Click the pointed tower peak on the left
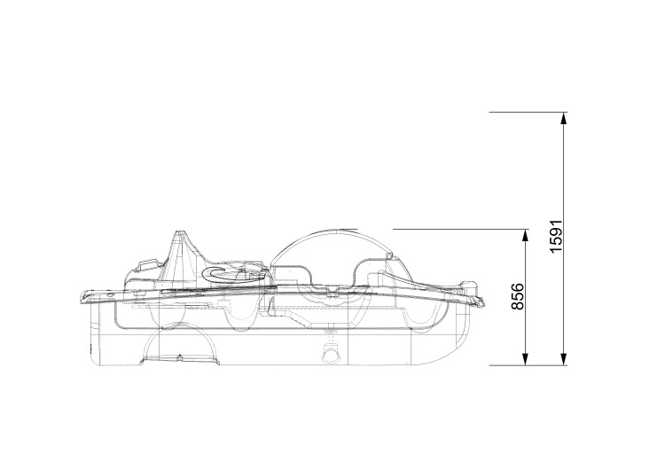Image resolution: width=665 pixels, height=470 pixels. tap(181, 233)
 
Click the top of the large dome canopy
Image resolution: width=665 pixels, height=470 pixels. tap(328, 228)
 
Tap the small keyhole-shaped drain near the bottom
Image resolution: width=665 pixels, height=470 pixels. tap(332, 354)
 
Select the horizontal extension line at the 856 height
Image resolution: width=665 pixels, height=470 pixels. tap(461, 229)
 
